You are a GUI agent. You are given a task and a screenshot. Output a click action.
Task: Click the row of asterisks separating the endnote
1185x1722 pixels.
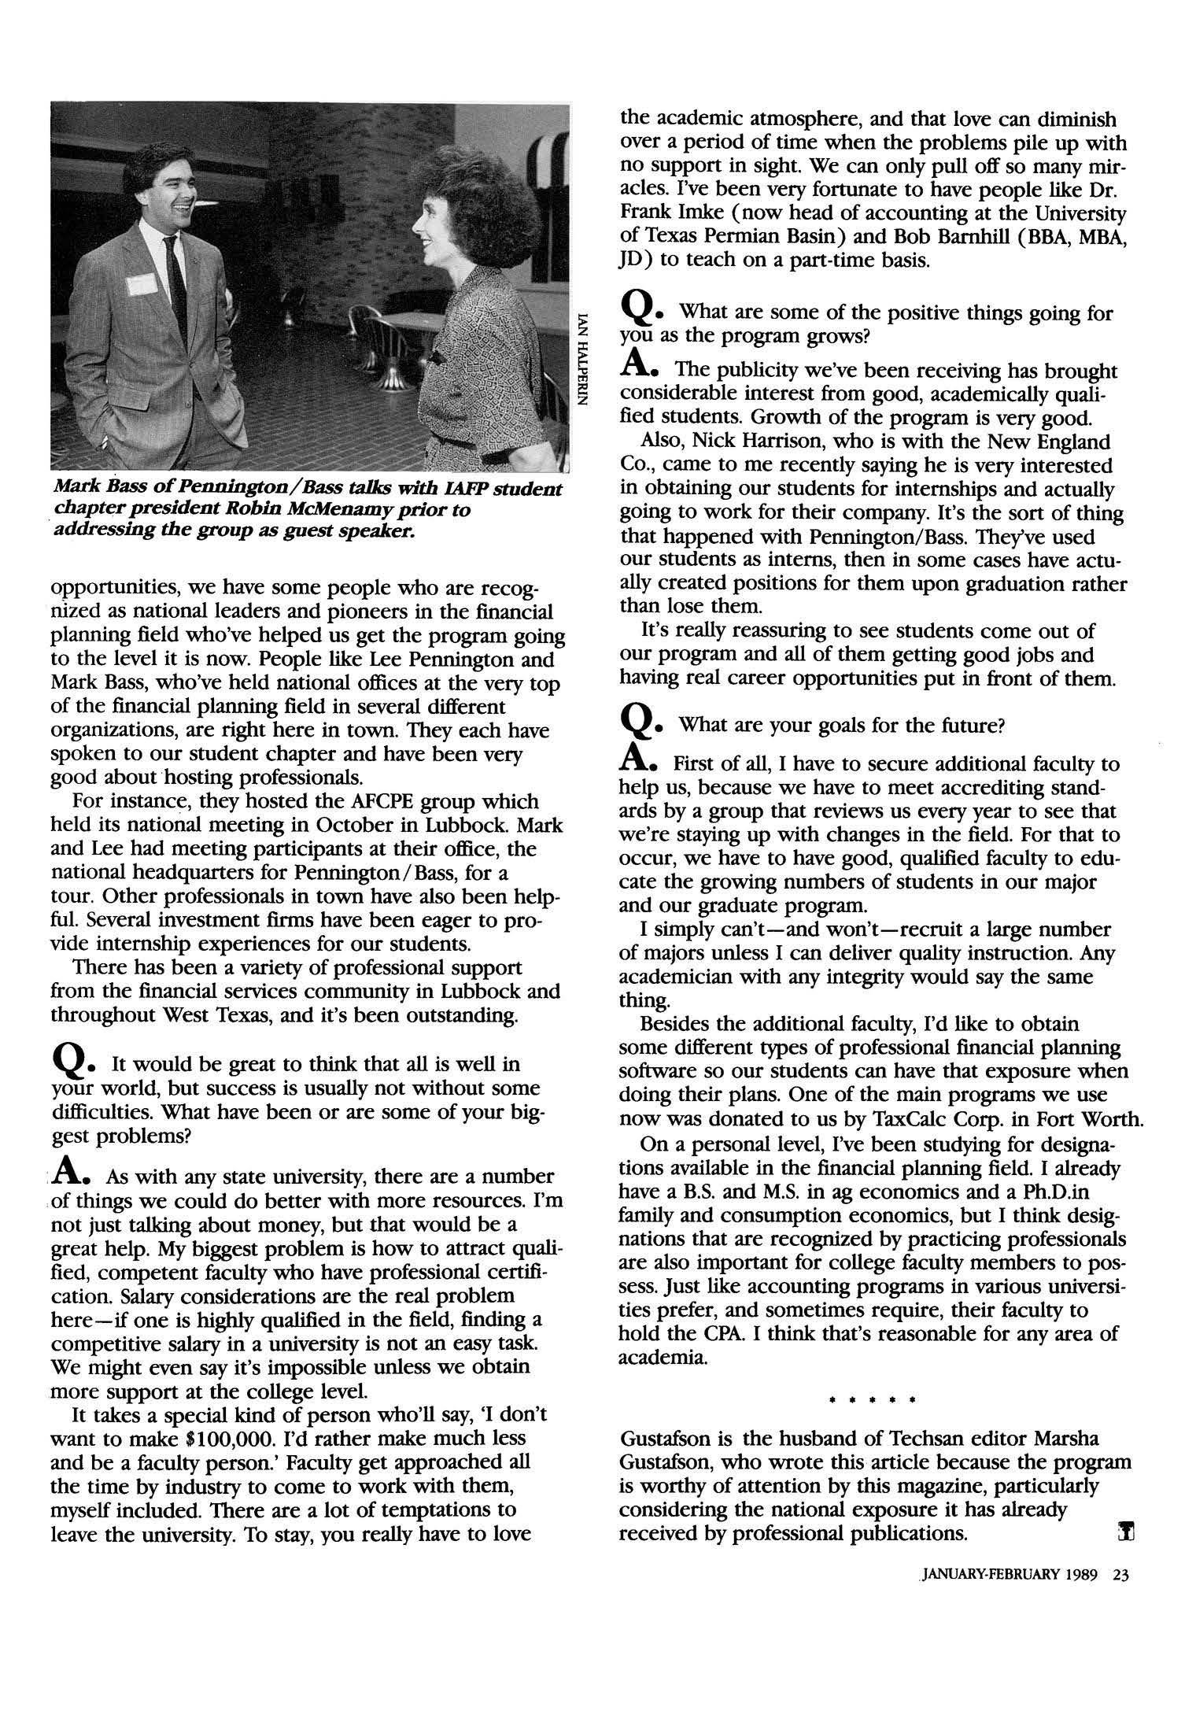(873, 1401)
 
